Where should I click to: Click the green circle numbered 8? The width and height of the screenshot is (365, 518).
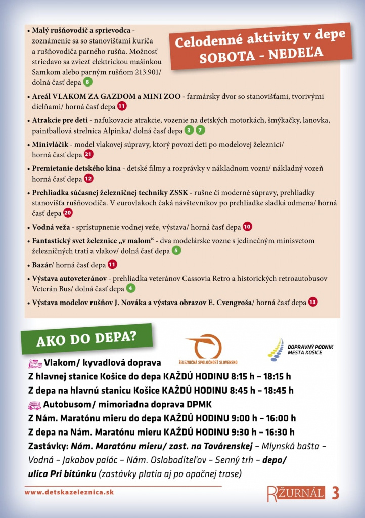pyautogui.click(x=88, y=82)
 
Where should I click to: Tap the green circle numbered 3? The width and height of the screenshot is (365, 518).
pyautogui.click(x=189, y=131)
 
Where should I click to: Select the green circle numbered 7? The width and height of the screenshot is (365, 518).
pyautogui.click(x=201, y=131)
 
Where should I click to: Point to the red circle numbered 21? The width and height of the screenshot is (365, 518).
pyautogui.click(x=89, y=155)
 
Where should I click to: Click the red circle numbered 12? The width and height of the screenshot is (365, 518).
pyautogui.click(x=88, y=179)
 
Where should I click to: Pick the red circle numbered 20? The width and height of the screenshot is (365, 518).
pyautogui.click(x=68, y=213)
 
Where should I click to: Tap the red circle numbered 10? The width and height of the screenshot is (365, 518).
pyautogui.click(x=247, y=227)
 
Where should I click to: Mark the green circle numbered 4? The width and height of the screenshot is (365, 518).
pyautogui.click(x=130, y=289)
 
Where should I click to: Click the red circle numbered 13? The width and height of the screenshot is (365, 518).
pyautogui.click(x=313, y=303)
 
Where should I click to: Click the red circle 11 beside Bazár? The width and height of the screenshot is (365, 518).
pyautogui.click(x=112, y=264)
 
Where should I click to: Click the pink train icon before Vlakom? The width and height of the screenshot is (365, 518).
pyautogui.click(x=34, y=363)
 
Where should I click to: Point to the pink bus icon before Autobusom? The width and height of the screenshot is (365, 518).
pyautogui.click(x=34, y=405)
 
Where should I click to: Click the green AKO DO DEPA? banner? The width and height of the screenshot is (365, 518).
pyautogui.click(x=86, y=338)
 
